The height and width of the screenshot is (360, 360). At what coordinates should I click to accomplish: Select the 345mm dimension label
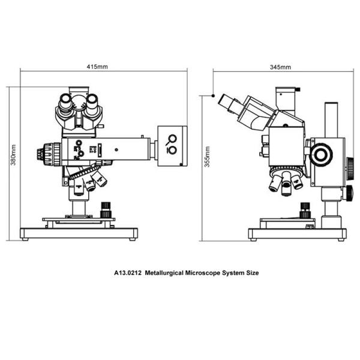pos(281,67)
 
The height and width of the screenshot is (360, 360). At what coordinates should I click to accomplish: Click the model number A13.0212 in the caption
pos(128,272)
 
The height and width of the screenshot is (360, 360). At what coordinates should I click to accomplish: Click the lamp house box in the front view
pos(172,145)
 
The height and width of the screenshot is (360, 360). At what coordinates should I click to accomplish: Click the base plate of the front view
pos(79,232)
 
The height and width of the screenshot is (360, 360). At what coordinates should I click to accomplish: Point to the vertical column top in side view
pos(330,106)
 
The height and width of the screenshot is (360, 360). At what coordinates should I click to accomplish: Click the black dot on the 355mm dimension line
pos(214,95)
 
